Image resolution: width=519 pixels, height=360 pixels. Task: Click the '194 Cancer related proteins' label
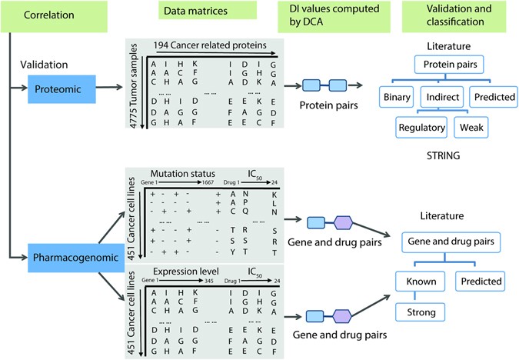pos(208,46)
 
